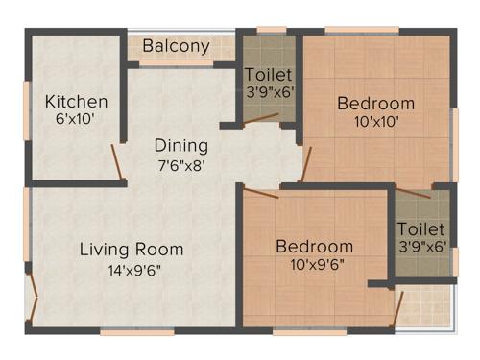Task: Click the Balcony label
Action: (x=177, y=46)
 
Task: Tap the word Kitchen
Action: (x=76, y=102)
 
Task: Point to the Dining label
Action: (x=182, y=146)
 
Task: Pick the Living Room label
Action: (x=132, y=250)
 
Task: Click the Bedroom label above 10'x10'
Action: (x=375, y=104)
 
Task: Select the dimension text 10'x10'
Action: (x=375, y=122)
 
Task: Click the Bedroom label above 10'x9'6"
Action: (x=314, y=247)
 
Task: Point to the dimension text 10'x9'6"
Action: (x=314, y=264)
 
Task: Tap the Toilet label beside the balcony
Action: (x=269, y=74)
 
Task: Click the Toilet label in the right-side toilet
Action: (x=421, y=229)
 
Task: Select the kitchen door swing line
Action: (x=117, y=162)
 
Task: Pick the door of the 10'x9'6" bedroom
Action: (x=261, y=193)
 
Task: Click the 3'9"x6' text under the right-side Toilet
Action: (x=421, y=247)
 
